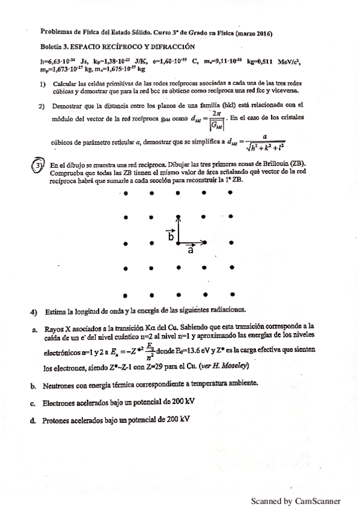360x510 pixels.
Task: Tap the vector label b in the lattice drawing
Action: [171, 237]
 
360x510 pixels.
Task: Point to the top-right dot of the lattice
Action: [231, 193]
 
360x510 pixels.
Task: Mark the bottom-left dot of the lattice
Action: [126, 295]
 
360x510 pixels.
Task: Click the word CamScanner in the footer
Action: [318, 500]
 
